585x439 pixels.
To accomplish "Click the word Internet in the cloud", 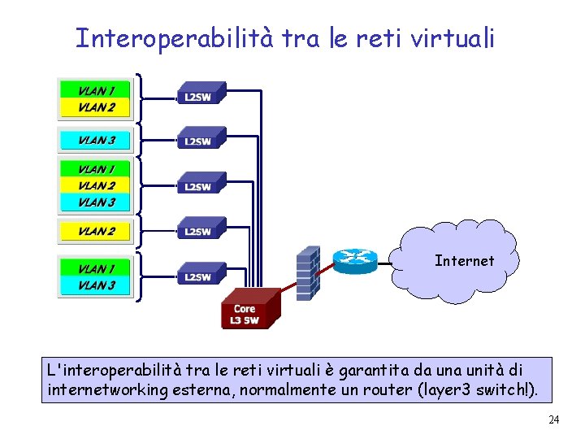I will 464,261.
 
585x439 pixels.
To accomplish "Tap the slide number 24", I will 554,420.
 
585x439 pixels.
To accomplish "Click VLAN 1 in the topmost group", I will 96,89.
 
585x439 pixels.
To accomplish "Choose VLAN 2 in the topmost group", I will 96,106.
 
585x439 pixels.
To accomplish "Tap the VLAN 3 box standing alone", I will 96,140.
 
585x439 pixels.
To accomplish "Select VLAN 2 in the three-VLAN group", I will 96,185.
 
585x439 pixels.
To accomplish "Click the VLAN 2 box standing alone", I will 96,231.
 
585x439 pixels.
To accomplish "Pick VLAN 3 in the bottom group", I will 96,285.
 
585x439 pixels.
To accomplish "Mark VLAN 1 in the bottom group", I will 96,268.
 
